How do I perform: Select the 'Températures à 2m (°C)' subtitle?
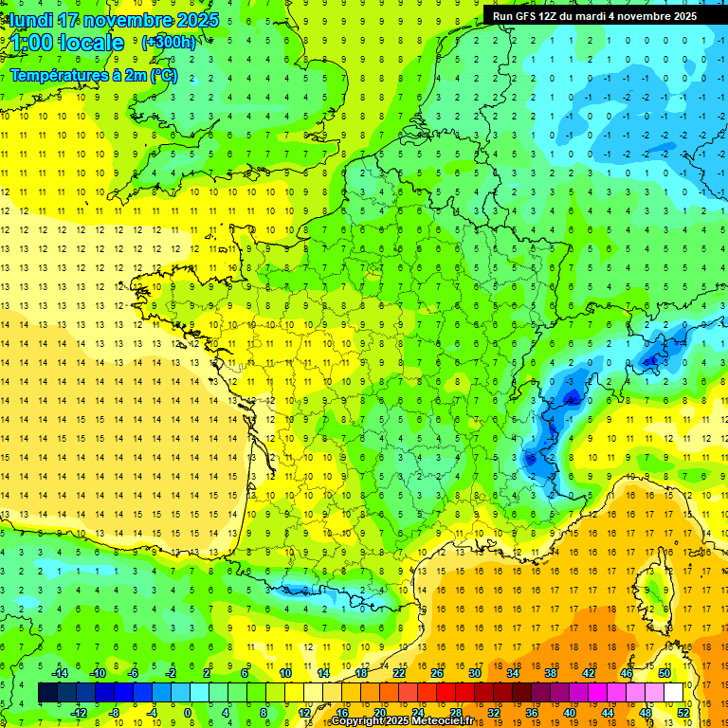[98, 76]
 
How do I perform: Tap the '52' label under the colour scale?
[683, 712]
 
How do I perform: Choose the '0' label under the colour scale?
[189, 712]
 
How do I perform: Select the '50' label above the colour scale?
[664, 673]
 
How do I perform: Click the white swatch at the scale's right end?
[674, 692]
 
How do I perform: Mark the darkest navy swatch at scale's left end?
[47, 692]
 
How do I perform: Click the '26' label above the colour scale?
[436, 673]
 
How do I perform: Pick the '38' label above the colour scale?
[550, 673]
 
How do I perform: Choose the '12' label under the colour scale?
[303, 712]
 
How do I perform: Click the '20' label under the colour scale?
[379, 712]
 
